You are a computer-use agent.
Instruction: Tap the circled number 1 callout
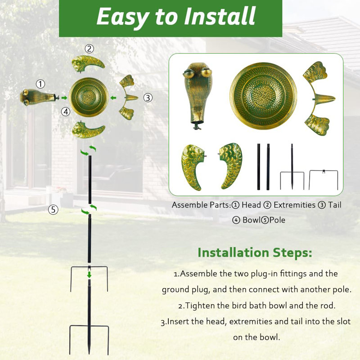[41, 84]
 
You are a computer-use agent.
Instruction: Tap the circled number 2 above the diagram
[90, 49]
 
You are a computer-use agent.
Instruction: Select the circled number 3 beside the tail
[148, 97]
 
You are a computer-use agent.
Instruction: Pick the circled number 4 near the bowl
[66, 111]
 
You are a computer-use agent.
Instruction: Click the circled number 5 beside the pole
[54, 209]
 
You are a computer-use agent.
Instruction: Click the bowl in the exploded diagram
[89, 97]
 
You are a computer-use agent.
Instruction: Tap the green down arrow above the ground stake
[90, 274]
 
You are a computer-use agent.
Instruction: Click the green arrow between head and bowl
[65, 97]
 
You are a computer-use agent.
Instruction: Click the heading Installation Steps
[255, 252]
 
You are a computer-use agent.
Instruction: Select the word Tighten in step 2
[201, 306]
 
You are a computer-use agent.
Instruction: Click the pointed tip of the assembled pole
[89, 352]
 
